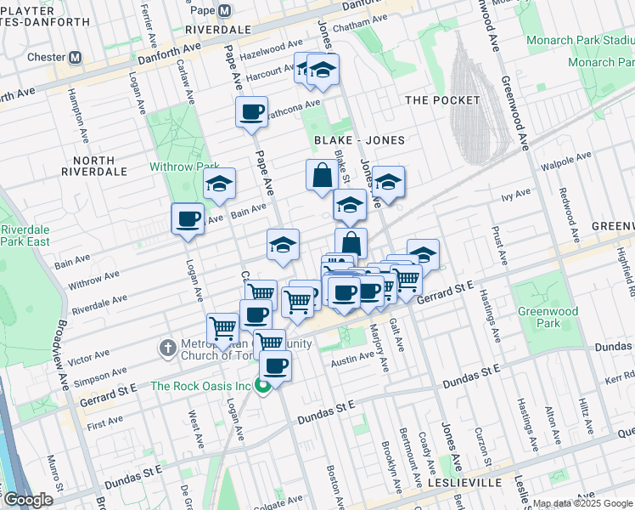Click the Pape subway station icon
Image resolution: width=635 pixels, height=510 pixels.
(224, 11)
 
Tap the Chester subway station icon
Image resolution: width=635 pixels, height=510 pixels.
(75, 58)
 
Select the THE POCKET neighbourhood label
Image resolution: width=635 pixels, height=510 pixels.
(442, 100)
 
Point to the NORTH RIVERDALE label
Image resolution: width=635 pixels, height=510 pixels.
(99, 166)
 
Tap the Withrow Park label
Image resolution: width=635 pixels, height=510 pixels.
(184, 167)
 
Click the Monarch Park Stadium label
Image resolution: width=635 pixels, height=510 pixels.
(580, 40)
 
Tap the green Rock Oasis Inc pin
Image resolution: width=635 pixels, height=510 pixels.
(263, 387)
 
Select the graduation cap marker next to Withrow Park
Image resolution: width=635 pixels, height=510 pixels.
(219, 184)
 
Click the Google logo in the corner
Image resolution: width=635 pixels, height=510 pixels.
(29, 500)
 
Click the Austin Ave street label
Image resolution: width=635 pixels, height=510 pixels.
(353, 360)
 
